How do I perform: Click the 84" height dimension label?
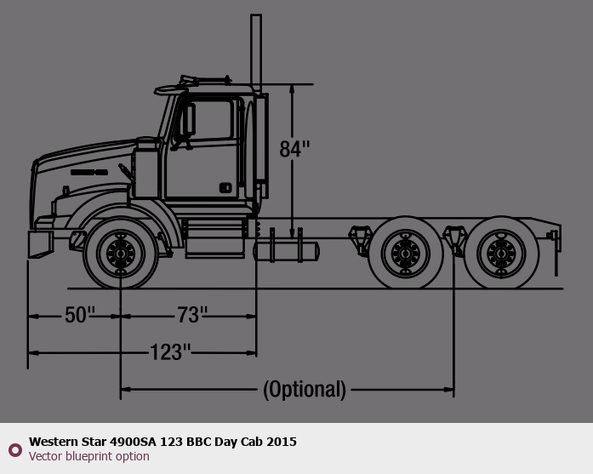(294, 149)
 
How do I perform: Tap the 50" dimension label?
(80, 315)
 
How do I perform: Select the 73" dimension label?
(192, 315)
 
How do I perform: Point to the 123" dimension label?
(170, 352)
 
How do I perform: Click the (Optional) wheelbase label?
(305, 389)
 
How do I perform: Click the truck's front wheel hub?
(121, 254)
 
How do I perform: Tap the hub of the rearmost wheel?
(501, 253)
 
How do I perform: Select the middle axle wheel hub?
(406, 253)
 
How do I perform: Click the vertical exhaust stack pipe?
(256, 53)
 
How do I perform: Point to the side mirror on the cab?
(189, 119)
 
